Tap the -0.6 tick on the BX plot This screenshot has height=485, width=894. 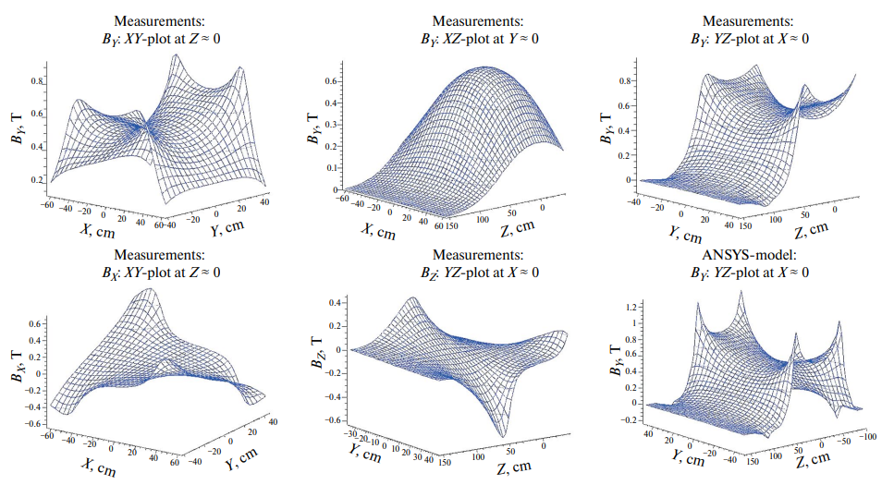click(33, 423)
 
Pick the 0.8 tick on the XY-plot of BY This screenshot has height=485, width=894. click(37, 82)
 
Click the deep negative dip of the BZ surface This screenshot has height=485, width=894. click(503, 434)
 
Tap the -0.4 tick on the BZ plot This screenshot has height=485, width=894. click(334, 397)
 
